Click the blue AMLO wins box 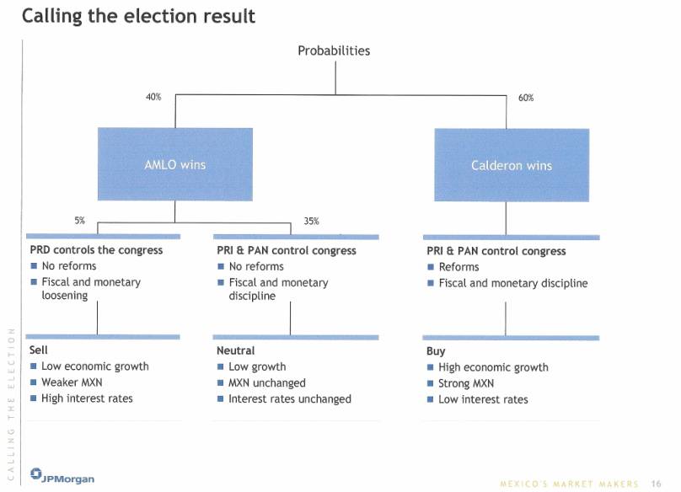(x=175, y=164)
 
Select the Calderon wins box (x=512, y=165)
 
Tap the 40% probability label (x=153, y=97)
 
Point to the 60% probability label (x=526, y=98)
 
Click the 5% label (x=79, y=221)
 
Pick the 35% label (x=311, y=221)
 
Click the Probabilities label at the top (x=334, y=51)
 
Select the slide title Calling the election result (x=138, y=16)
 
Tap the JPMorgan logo (x=62, y=475)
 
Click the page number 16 (x=656, y=484)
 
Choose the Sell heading (x=38, y=350)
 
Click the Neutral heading (x=235, y=350)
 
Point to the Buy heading (x=436, y=350)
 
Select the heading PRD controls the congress (x=96, y=250)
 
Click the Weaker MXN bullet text (x=72, y=382)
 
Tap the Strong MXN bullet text (x=466, y=383)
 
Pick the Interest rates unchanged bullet (x=290, y=399)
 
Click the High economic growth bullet (x=493, y=367)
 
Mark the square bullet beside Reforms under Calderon (x=431, y=267)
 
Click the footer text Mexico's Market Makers (x=570, y=484)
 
